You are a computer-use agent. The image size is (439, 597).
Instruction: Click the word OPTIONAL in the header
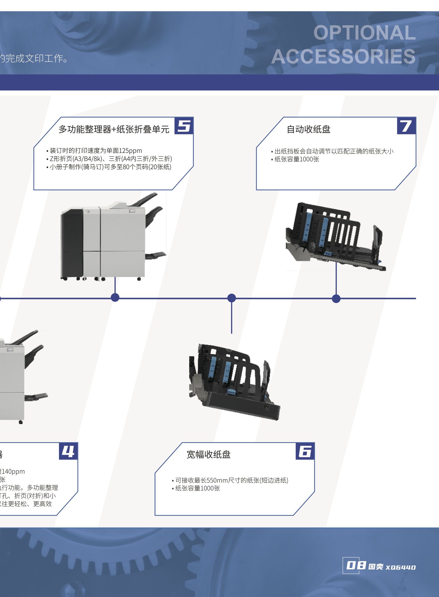coord(364,33)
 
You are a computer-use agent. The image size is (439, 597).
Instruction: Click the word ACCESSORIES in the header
coord(343,56)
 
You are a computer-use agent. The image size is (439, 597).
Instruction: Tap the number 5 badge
coord(184,126)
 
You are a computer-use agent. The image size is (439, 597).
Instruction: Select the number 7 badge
coord(406,126)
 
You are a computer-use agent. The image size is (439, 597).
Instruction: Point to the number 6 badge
coord(305,451)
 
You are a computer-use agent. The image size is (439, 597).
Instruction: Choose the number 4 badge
coord(68,451)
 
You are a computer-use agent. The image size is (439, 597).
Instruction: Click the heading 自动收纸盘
coord(309,129)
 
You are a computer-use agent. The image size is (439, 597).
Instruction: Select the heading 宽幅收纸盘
coord(208,454)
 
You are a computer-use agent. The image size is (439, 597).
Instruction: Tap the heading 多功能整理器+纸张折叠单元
coord(114,129)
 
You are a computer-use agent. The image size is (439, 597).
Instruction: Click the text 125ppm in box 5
coord(130,151)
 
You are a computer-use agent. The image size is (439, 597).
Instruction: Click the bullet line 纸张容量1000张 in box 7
coord(297,159)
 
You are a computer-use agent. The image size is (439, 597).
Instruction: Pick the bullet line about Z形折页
coord(111,159)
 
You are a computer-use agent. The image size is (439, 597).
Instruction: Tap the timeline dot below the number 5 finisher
coord(115,297)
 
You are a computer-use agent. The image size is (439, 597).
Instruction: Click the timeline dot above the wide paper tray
coord(232,298)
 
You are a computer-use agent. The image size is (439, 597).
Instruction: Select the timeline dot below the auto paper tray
coord(336,298)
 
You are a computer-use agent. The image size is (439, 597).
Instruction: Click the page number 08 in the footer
coord(356,565)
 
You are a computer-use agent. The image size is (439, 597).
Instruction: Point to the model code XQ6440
coord(400,567)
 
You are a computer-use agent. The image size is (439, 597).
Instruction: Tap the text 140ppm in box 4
coord(13,472)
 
